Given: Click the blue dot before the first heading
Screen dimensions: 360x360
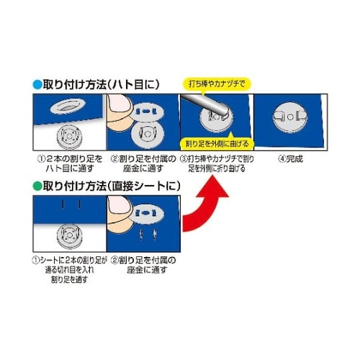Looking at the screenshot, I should pyautogui.click(x=37, y=84).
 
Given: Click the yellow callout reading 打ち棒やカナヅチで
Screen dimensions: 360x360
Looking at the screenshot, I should pyautogui.click(x=215, y=83).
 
